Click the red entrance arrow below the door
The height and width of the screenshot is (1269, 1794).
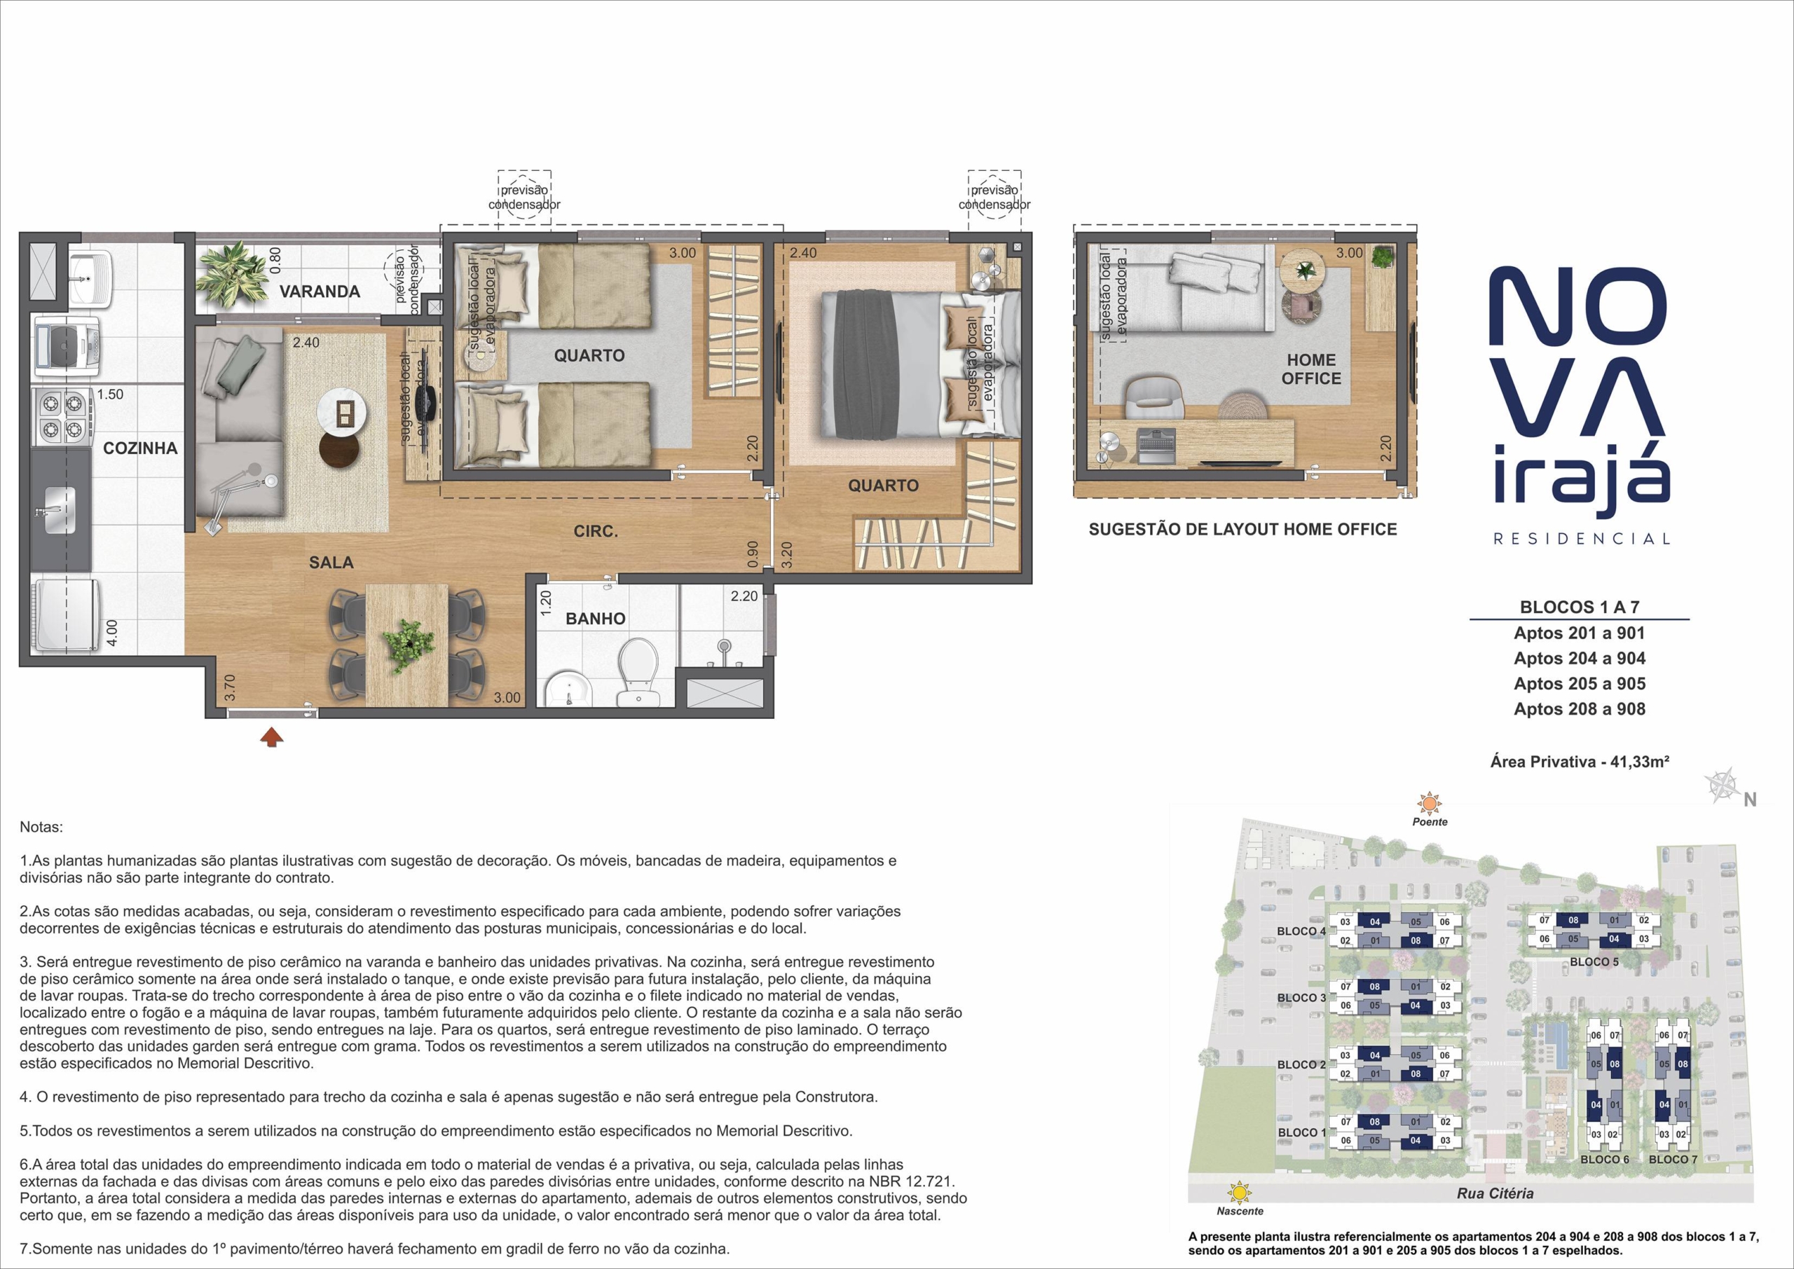click(x=271, y=737)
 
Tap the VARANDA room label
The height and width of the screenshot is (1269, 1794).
click(x=320, y=291)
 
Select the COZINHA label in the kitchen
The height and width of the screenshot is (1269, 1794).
click(x=141, y=448)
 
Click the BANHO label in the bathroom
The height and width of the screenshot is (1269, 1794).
click(x=596, y=619)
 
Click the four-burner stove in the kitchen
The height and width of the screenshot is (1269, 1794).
click(x=62, y=416)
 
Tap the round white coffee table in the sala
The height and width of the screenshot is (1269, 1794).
click(x=342, y=412)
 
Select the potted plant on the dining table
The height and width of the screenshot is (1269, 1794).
click(x=407, y=644)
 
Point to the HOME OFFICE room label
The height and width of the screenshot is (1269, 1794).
click(x=1311, y=369)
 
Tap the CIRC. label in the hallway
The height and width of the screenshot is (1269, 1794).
click(x=596, y=531)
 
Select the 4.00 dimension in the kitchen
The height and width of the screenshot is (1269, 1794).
click(x=111, y=633)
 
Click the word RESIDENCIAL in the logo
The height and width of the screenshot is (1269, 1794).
click(x=1582, y=538)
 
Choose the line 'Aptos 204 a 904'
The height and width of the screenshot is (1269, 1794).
click(x=1579, y=659)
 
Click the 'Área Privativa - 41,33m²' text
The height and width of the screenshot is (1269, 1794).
click(x=1579, y=761)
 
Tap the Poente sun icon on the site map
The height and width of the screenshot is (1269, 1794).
click(x=1430, y=803)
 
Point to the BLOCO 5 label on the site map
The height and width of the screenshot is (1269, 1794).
click(x=1594, y=962)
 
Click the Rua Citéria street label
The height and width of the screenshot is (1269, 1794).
click(x=1495, y=1193)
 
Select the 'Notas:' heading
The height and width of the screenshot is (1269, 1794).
click(x=41, y=827)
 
